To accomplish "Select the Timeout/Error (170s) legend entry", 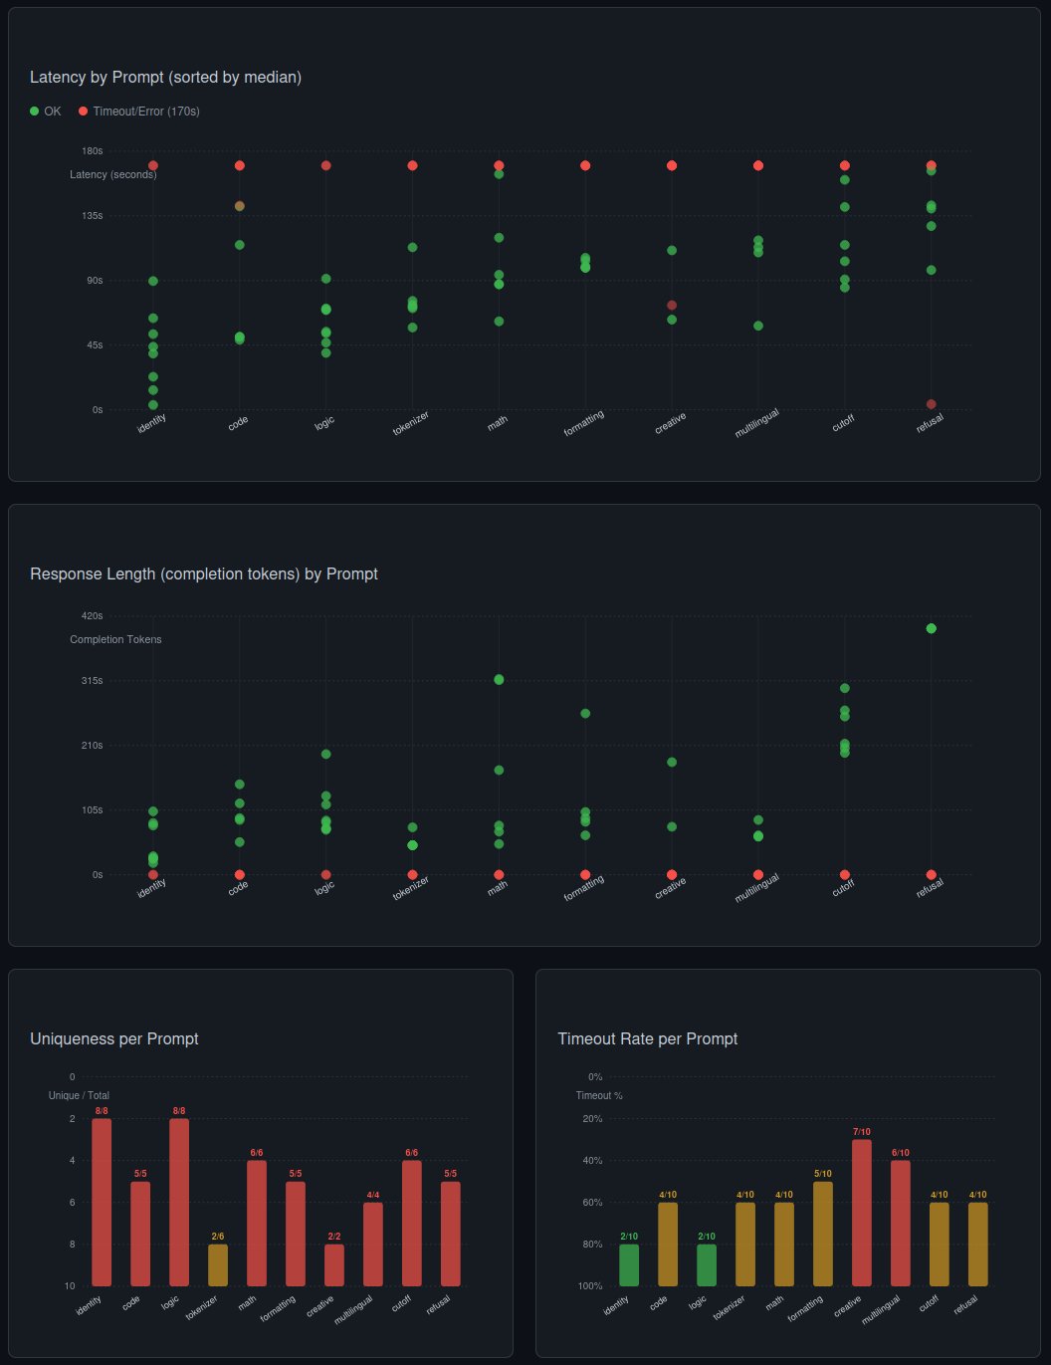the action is tap(138, 112).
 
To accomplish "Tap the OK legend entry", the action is tap(46, 112).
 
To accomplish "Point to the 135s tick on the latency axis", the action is tap(92, 215).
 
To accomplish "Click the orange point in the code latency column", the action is tap(240, 206).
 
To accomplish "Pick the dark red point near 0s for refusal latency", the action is tap(932, 404).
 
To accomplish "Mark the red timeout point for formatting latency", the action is tap(585, 166).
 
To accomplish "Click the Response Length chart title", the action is tap(204, 574).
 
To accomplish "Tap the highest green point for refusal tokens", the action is tap(932, 628).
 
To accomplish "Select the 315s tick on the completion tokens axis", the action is tap(92, 680).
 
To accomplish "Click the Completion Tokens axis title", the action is tap(115, 639).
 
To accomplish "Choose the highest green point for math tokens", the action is tap(499, 680).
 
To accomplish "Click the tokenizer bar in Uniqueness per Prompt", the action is tap(218, 1264).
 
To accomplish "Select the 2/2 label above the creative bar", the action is tap(334, 1237).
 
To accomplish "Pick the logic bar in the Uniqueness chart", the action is tap(179, 1202).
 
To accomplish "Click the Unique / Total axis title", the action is tap(79, 1095).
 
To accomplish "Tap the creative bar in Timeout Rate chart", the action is tap(861, 1213).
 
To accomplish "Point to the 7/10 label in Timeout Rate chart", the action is tap(861, 1132).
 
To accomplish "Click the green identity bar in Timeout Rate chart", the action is tap(629, 1264).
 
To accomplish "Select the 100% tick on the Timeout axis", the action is tap(590, 1286).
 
